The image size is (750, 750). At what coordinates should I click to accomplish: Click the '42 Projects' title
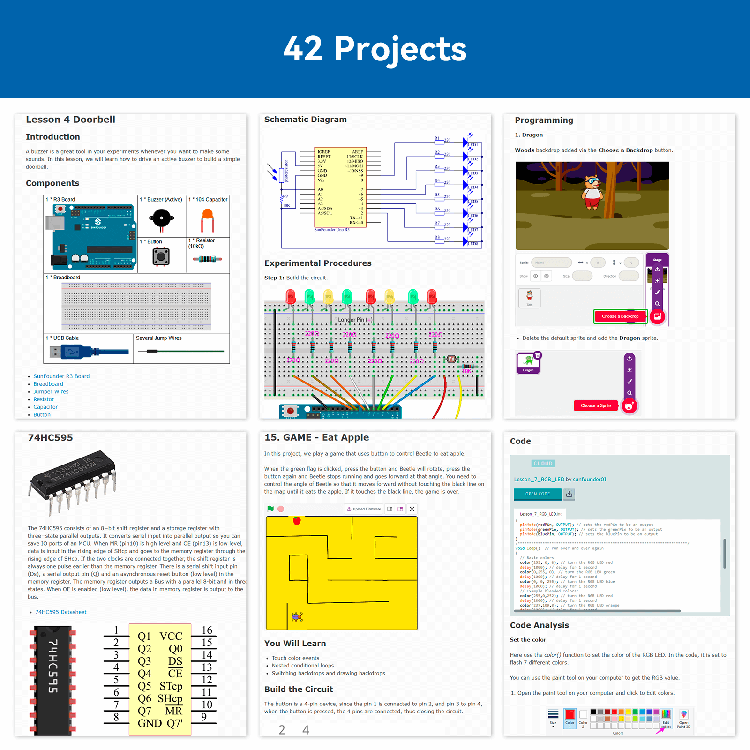click(x=375, y=49)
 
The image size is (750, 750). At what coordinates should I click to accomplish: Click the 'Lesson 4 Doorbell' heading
click(x=70, y=120)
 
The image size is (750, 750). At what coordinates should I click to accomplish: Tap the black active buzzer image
click(x=162, y=218)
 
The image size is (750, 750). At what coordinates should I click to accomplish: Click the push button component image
click(x=161, y=256)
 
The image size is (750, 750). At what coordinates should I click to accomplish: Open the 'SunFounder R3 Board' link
click(x=61, y=376)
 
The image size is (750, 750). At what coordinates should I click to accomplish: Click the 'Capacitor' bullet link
click(x=45, y=407)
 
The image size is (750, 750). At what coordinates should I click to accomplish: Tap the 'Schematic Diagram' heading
click(x=305, y=120)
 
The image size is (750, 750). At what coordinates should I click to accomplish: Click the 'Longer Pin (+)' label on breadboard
click(x=355, y=320)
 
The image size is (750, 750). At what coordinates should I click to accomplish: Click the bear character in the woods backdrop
click(x=592, y=192)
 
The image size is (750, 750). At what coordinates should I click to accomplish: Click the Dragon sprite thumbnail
click(x=528, y=363)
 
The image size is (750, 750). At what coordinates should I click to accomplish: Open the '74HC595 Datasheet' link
click(x=61, y=612)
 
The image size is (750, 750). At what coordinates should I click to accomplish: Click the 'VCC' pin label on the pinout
click(x=171, y=637)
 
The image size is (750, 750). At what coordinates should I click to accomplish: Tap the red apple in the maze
click(x=297, y=520)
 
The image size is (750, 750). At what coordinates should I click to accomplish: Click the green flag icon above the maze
click(x=270, y=509)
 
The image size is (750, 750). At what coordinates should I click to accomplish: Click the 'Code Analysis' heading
click(x=539, y=625)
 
